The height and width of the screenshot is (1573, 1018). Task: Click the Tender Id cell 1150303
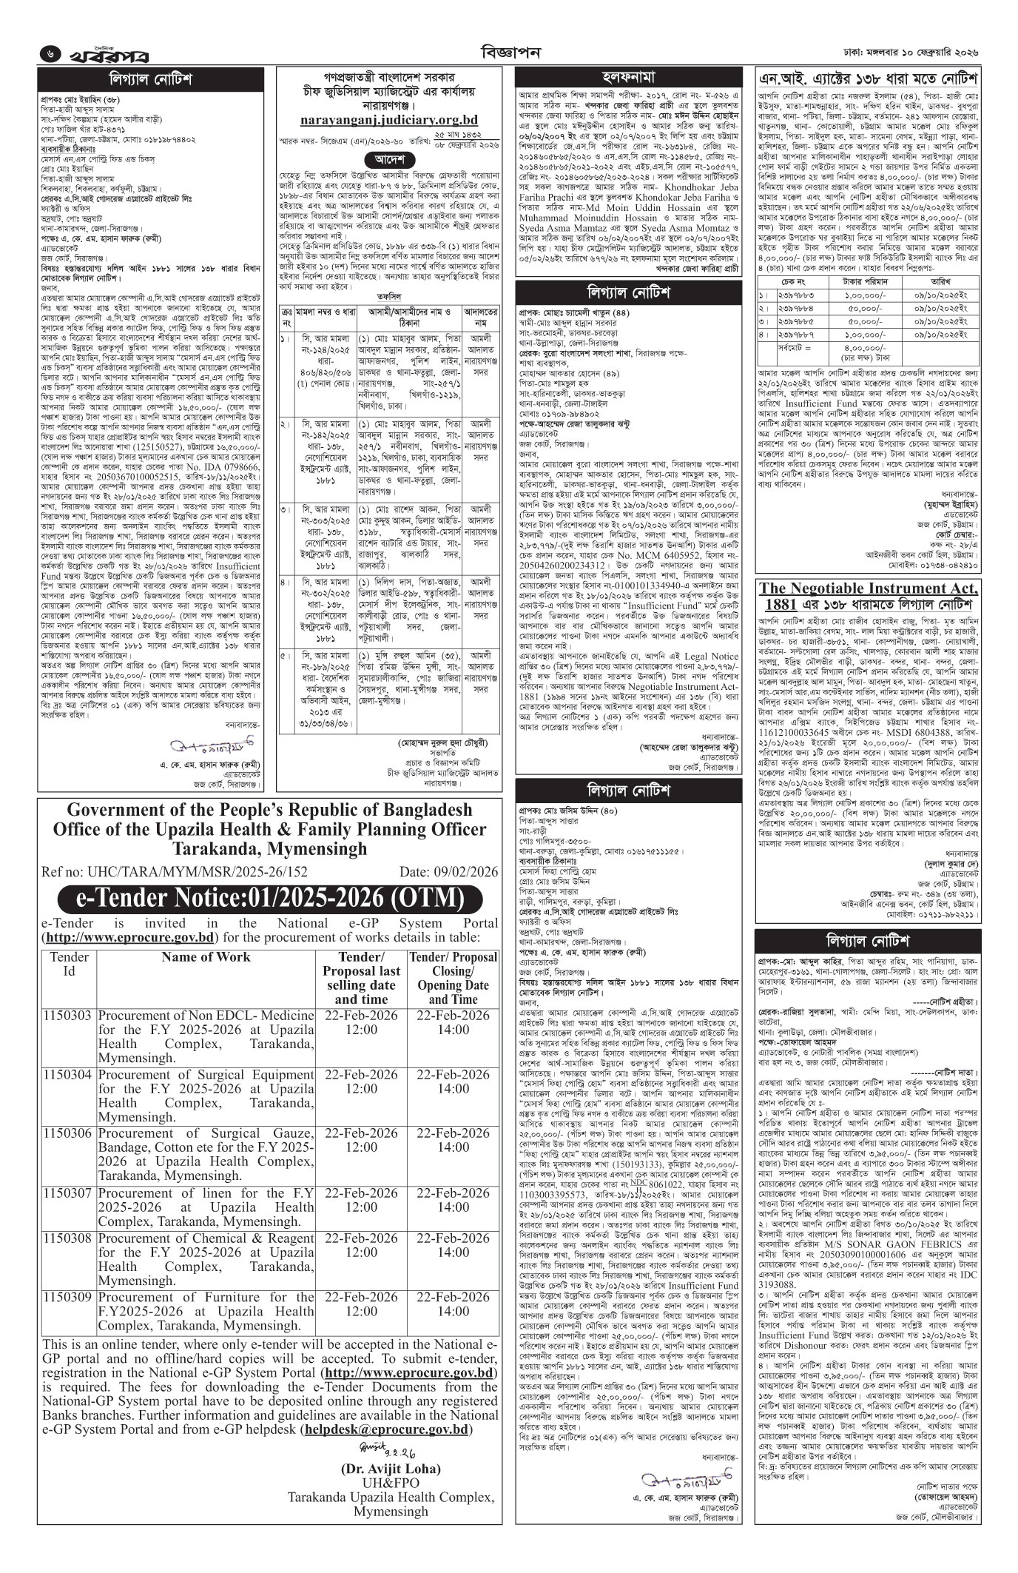67,1015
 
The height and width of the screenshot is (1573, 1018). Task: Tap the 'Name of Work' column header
206,956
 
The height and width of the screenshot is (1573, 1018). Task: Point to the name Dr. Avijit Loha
391,1503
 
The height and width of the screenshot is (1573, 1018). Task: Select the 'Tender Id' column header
68,963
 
